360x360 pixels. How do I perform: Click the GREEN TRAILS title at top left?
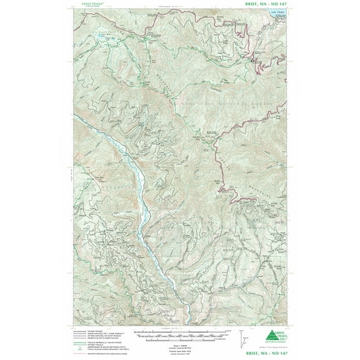[x=92, y=4]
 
